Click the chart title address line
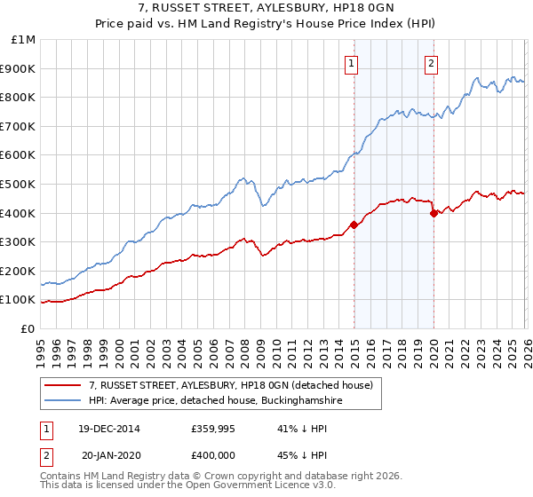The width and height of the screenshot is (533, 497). coord(266,9)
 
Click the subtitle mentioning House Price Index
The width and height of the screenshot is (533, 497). coord(266,25)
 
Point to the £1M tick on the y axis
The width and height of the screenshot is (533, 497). coord(24,40)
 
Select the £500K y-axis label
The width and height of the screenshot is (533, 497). coord(20,184)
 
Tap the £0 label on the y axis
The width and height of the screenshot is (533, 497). coord(28,328)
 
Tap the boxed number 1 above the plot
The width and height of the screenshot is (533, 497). coord(353,63)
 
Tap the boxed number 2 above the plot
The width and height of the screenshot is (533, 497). coord(431,63)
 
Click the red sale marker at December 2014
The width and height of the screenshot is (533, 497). coord(354,225)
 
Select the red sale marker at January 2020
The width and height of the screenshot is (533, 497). coord(434,213)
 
